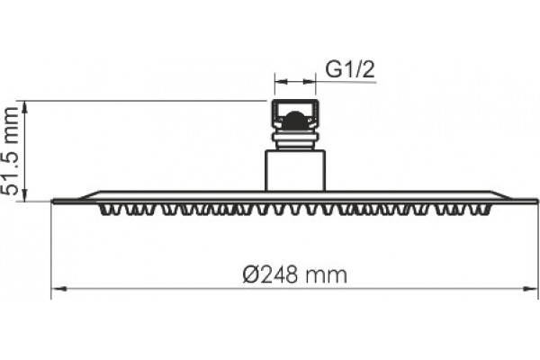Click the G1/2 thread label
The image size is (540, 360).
coord(349,70)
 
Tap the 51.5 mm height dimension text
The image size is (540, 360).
coord(10,151)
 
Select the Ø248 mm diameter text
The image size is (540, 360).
coord(295,274)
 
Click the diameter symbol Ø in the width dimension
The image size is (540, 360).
coord(250,274)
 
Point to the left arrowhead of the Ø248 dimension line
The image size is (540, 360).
coord(58,288)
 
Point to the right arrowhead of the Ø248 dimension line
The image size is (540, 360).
coord(530,288)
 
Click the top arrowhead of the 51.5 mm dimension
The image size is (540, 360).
coord(24,107)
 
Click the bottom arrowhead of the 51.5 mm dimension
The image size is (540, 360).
coord(24,195)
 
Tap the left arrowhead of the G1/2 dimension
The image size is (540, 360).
coord(281,82)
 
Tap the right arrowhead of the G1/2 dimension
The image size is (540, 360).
coord(310,82)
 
